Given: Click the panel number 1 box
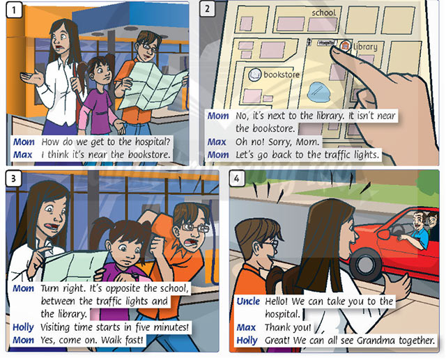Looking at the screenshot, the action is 14,10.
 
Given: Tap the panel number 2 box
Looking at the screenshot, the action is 208,9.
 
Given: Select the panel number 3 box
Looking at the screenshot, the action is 13,178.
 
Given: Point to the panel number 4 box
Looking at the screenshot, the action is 237,178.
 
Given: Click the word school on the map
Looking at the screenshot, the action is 323,13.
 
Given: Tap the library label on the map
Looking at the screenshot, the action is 365,47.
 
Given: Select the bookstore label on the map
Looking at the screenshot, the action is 282,75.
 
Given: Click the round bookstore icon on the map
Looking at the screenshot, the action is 254,75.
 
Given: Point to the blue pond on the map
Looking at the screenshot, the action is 319,92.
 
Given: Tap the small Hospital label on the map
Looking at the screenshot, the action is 327,42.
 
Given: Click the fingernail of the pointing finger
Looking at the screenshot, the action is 336,51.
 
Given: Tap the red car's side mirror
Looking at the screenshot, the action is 383,235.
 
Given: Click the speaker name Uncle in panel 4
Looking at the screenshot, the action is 248,302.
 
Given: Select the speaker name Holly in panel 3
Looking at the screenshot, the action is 23,327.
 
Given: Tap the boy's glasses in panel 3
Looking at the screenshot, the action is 195,228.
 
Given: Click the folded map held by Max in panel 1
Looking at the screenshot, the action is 152,86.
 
